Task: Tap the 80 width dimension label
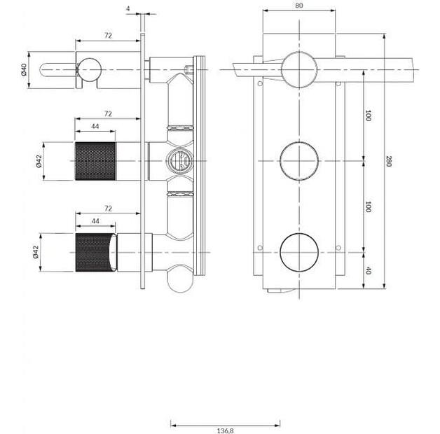point(299,6)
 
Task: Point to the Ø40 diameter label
point(24,70)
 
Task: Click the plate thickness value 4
point(128,8)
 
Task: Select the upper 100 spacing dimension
point(368,115)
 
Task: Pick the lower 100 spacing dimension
point(368,207)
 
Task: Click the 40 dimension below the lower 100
point(368,269)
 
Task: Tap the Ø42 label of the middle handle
point(39,160)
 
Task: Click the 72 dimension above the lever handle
point(108,34)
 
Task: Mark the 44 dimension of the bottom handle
point(95,220)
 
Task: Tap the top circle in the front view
point(299,69)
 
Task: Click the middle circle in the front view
point(299,160)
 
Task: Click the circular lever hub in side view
point(88,69)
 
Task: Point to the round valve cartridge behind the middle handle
point(179,160)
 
